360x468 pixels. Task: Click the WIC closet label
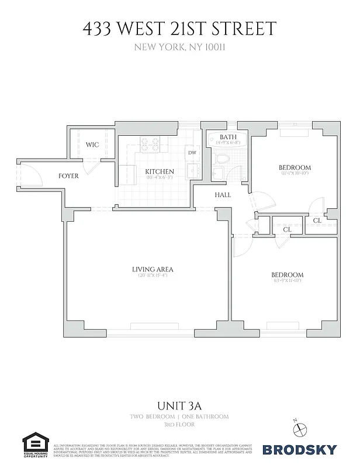(92, 144)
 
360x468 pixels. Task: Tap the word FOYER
(69, 176)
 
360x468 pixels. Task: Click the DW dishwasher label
(192, 153)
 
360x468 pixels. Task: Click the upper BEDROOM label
(295, 167)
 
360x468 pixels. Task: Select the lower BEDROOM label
(287, 275)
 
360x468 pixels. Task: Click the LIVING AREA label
(153, 269)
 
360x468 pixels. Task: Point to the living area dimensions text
(153, 276)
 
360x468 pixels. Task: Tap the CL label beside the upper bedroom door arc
(317, 221)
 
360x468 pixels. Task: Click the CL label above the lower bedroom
(287, 230)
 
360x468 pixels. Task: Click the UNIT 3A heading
(179, 405)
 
